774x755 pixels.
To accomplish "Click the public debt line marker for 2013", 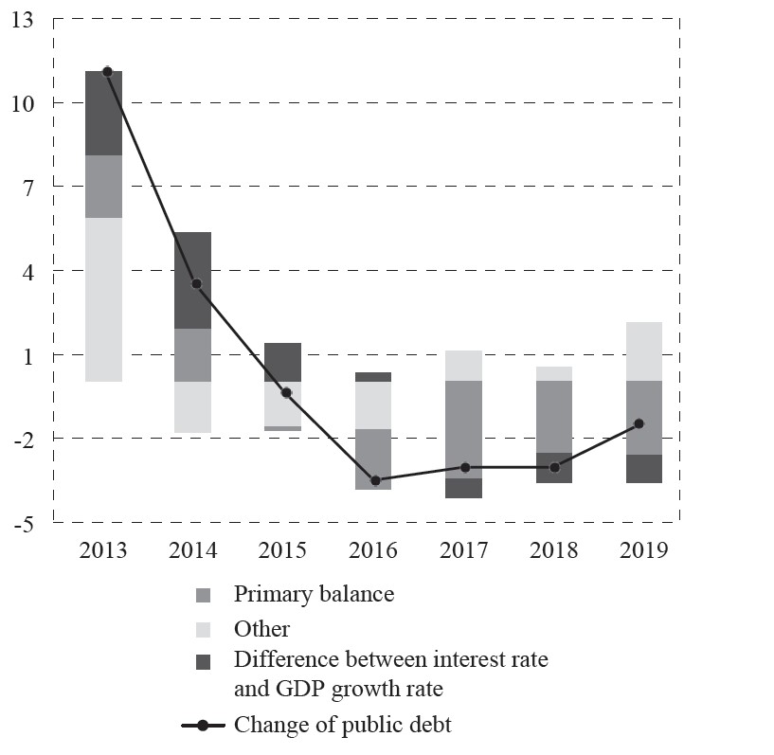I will tap(107, 71).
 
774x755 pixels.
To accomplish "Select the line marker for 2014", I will tap(196, 283).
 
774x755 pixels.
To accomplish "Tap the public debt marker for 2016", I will tap(375, 480).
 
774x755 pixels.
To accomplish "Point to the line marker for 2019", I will tap(639, 423).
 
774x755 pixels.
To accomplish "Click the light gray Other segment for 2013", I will tap(103, 299).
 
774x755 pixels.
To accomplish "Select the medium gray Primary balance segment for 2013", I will tap(103, 187).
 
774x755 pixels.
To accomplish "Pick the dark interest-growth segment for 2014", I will tap(192, 279).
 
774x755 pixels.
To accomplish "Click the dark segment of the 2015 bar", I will tap(282, 362).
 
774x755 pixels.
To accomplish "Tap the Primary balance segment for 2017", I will tap(463, 429).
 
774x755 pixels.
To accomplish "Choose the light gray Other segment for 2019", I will tap(643, 351).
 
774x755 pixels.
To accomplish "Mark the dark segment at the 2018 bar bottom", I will tap(553, 468).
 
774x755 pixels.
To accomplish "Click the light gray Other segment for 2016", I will tap(373, 405).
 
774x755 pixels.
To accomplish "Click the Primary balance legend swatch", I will tap(203, 596).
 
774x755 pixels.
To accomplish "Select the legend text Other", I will tap(261, 629).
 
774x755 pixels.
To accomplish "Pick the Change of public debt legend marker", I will tap(203, 726).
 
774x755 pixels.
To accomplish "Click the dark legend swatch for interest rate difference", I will tap(203, 662).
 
